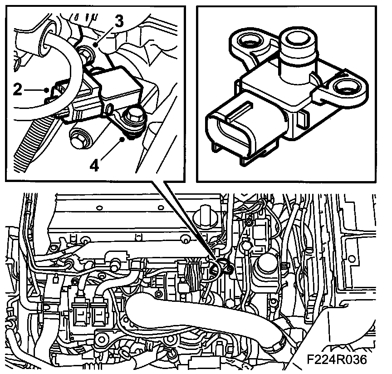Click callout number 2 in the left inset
(x=17, y=89)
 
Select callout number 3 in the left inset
(x=119, y=21)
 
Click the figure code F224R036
(x=337, y=359)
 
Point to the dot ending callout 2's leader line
(x=46, y=89)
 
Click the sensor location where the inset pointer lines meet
(x=221, y=266)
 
